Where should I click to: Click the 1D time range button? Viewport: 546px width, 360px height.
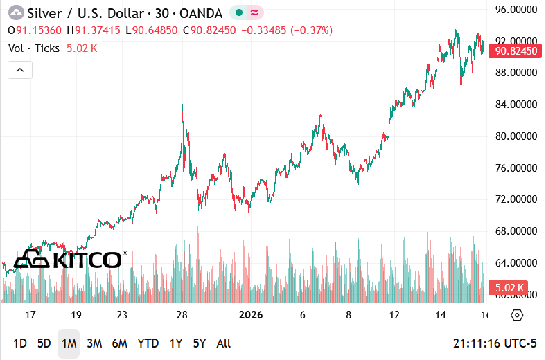pyautogui.click(x=20, y=343)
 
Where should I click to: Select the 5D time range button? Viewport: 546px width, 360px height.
pyautogui.click(x=44, y=343)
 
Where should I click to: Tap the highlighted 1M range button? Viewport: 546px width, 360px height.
pyautogui.click(x=69, y=343)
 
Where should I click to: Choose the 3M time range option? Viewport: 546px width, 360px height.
pyautogui.click(x=94, y=343)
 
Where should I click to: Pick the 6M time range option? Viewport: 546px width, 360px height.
pyautogui.click(x=119, y=343)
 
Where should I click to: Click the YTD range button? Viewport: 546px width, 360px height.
pyautogui.click(x=148, y=343)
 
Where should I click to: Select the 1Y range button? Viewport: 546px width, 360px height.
pyautogui.click(x=176, y=343)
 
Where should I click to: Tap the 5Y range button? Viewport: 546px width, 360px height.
pyautogui.click(x=200, y=343)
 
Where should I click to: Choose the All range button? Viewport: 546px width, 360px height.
pyautogui.click(x=224, y=343)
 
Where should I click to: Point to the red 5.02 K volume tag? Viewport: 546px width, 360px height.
pyautogui.click(x=509, y=287)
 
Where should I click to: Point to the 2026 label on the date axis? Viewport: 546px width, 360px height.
pyautogui.click(x=251, y=315)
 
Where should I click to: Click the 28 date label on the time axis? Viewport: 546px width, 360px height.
pyautogui.click(x=182, y=315)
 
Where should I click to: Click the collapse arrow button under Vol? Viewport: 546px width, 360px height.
pyautogui.click(x=20, y=70)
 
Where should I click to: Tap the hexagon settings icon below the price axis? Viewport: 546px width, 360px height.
pyautogui.click(x=516, y=315)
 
